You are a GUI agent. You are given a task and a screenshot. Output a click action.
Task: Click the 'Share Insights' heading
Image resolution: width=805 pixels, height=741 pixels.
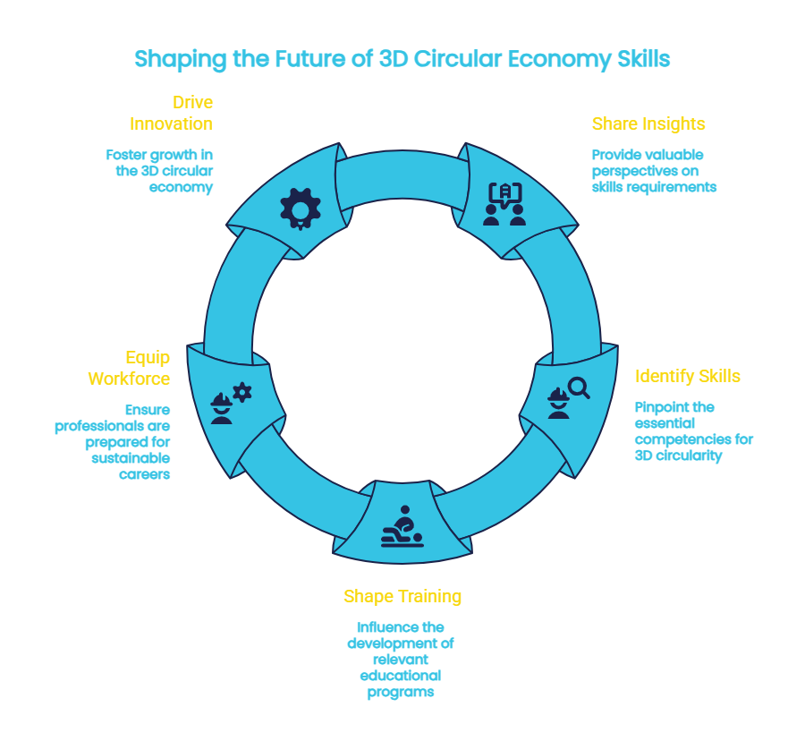(648, 123)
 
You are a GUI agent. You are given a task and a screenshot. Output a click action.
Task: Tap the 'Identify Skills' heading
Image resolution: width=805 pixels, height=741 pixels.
(687, 376)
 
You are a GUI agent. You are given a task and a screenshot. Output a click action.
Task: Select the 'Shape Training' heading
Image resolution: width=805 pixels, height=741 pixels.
(402, 596)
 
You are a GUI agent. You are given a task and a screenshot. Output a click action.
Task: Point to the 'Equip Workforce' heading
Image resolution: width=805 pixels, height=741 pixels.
(129, 368)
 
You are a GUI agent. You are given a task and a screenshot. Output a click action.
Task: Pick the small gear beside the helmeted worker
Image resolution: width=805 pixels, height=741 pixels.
(242, 391)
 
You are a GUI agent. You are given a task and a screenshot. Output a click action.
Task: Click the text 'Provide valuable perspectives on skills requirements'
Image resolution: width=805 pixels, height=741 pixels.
(654, 171)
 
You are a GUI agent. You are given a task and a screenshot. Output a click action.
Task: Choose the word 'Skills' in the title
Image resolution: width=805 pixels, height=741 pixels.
(643, 59)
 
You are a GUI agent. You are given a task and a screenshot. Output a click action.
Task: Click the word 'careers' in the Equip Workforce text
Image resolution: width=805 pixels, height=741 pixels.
(144, 473)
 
